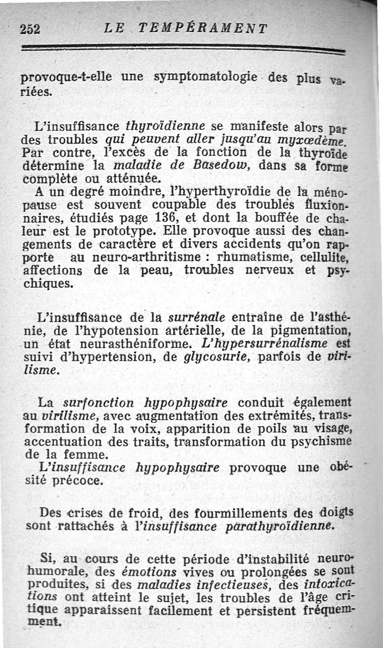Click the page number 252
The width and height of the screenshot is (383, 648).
click(30, 29)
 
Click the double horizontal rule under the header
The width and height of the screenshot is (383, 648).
click(182, 48)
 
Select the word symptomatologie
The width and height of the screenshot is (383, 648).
click(206, 77)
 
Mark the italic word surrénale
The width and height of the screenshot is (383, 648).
click(197, 317)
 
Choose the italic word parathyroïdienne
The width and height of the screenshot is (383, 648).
click(282, 526)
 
